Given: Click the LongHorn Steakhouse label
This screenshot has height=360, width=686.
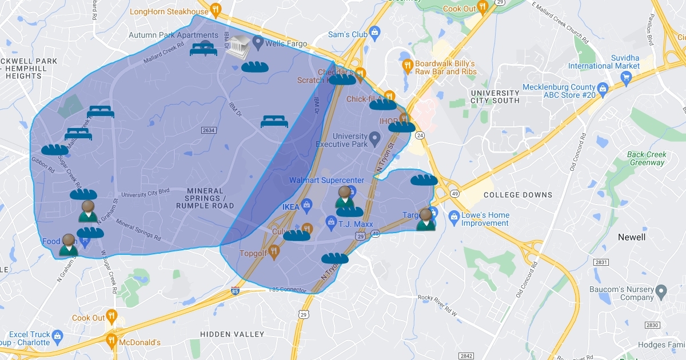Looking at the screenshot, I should (169, 11).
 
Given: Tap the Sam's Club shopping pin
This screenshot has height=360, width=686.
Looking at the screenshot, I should (374, 32).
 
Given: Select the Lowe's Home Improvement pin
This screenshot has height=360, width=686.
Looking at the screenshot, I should (454, 217).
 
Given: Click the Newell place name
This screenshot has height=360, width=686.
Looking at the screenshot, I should (632, 237).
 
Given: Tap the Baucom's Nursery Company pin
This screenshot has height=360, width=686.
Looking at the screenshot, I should (661, 290).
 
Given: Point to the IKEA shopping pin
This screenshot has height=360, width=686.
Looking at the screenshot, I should (306, 204).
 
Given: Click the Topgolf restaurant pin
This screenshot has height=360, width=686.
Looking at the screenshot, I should (274, 250).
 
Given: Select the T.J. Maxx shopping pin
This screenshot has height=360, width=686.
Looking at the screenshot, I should (330, 221).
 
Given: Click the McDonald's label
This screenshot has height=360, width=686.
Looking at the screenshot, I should (139, 342).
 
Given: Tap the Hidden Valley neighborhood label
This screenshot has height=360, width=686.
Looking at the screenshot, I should (232, 334).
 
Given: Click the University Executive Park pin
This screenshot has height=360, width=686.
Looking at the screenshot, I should (374, 138).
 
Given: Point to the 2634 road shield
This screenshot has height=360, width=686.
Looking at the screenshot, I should (209, 131).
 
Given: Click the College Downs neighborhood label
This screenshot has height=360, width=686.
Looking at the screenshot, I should (518, 195).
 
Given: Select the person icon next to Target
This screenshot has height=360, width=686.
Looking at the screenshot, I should (426, 219).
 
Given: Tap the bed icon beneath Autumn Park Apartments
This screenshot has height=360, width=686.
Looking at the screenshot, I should (204, 50).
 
